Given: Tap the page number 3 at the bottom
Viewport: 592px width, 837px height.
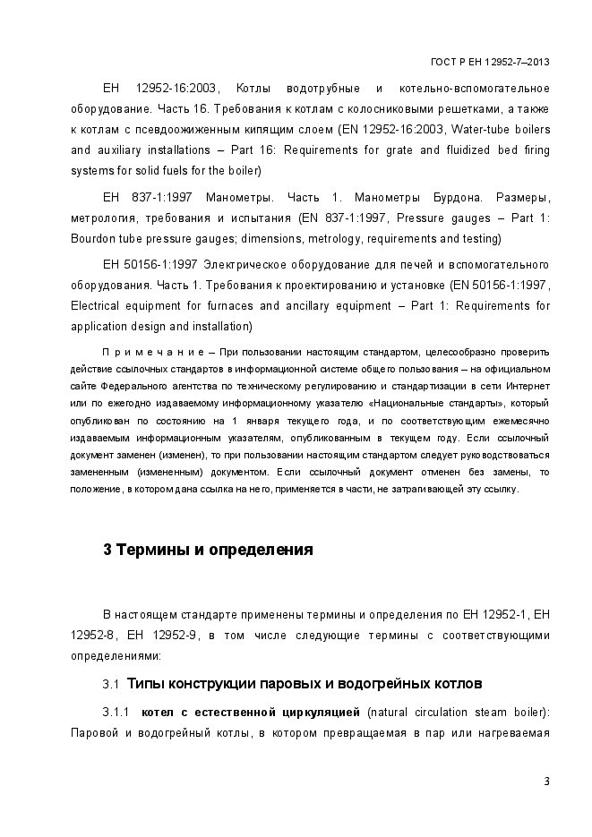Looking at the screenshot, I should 546,781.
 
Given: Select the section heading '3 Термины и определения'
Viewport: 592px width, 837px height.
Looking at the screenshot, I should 208,550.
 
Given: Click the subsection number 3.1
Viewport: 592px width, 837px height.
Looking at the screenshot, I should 111,684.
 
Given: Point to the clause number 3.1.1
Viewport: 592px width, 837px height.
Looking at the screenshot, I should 116,713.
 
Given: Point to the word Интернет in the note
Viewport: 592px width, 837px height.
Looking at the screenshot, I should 528,387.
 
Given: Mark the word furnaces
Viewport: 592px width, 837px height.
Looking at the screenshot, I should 227,306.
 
